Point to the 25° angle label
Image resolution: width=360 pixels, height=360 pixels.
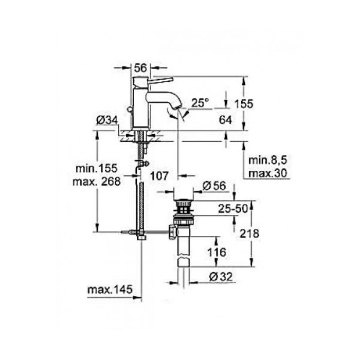(x=202, y=103)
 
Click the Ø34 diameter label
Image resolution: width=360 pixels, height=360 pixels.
(x=106, y=121)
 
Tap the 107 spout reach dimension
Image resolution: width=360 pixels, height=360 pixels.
(x=159, y=176)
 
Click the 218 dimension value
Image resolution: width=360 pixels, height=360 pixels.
(x=249, y=233)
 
